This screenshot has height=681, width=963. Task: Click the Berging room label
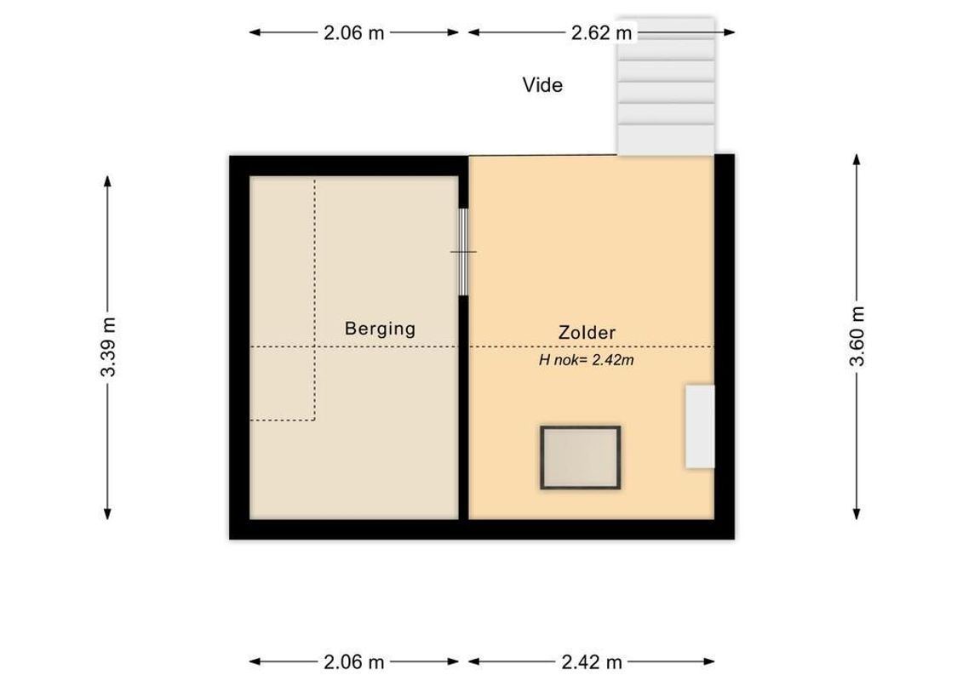(x=380, y=328)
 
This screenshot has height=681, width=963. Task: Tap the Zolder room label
(x=587, y=333)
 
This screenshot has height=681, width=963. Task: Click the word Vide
(x=542, y=85)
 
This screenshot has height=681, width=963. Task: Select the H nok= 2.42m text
(x=587, y=360)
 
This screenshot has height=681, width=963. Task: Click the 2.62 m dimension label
(x=601, y=33)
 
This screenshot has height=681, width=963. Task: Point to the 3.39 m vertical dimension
(x=107, y=346)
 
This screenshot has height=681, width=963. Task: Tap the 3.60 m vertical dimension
(x=857, y=336)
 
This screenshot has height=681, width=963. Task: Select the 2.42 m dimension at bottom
(x=592, y=661)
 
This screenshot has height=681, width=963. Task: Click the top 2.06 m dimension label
(x=354, y=33)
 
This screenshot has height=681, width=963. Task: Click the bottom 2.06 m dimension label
(x=354, y=661)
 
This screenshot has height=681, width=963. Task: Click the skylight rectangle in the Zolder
(x=580, y=457)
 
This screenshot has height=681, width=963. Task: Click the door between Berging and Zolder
(x=463, y=252)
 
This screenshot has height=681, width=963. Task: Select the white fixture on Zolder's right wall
(x=700, y=426)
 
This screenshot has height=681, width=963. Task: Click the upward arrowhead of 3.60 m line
(x=857, y=159)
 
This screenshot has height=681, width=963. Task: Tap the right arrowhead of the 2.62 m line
(x=730, y=33)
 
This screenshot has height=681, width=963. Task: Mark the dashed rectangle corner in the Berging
(x=314, y=420)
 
